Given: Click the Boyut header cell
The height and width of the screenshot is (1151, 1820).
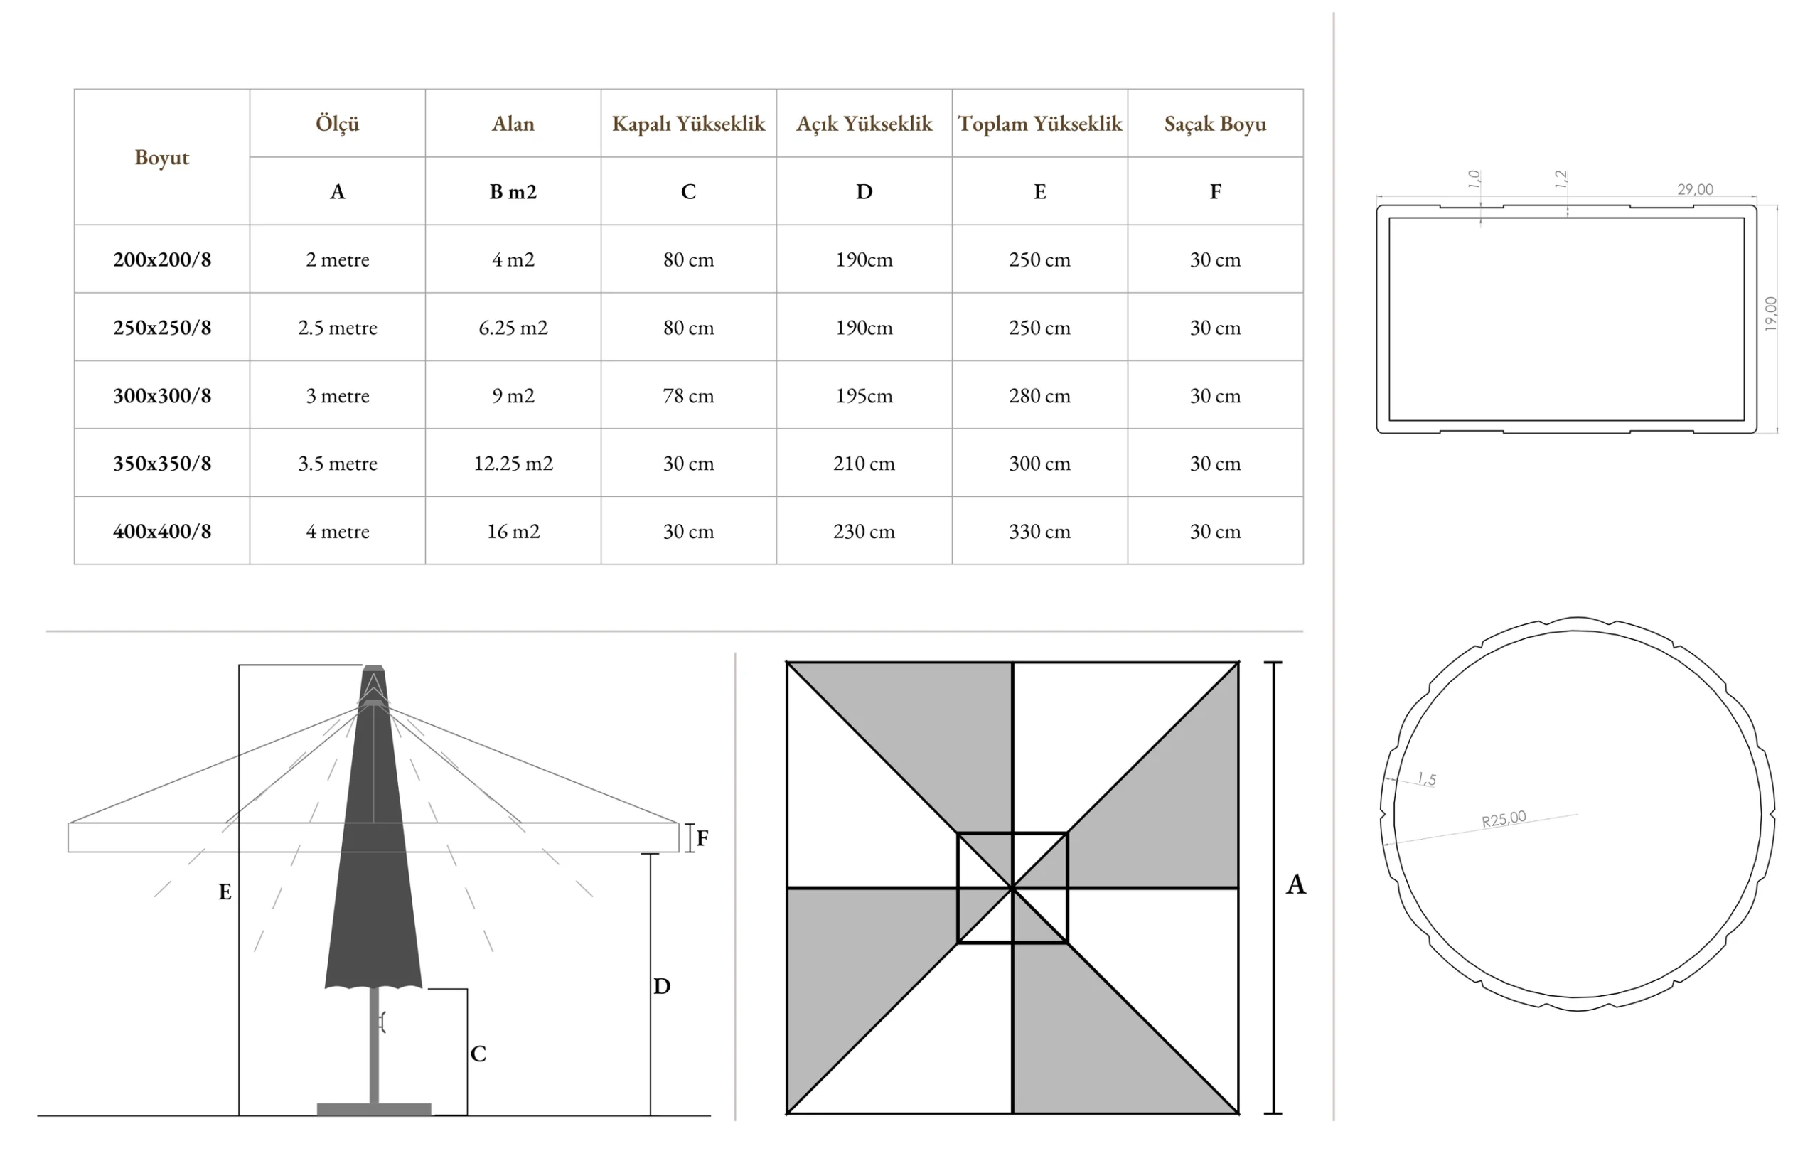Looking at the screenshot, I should click(x=162, y=157).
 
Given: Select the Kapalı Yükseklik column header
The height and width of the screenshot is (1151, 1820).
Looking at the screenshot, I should click(x=687, y=124).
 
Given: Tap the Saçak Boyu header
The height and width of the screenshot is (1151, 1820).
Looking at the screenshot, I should click(x=1214, y=124).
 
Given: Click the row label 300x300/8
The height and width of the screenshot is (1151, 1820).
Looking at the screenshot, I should click(x=162, y=395).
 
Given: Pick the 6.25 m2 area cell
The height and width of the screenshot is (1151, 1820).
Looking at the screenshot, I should click(x=513, y=327).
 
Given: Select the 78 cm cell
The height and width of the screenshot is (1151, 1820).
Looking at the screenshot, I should click(x=687, y=395).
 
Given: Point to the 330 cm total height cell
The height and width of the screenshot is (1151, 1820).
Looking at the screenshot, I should click(x=1039, y=531).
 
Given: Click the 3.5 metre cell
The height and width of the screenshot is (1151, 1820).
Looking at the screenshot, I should click(x=337, y=464).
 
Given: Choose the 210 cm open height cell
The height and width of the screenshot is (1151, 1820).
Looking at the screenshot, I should click(x=863, y=464).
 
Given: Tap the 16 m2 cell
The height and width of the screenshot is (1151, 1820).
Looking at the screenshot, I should click(x=513, y=531).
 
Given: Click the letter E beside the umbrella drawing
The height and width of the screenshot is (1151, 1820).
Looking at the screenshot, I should click(x=225, y=892).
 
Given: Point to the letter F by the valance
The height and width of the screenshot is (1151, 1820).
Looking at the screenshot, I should click(x=702, y=838).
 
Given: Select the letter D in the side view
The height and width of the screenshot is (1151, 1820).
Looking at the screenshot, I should click(x=661, y=986).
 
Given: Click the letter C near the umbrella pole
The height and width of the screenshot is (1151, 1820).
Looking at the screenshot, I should click(x=478, y=1054).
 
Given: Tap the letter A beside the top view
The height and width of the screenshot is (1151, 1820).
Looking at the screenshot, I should click(x=1295, y=884).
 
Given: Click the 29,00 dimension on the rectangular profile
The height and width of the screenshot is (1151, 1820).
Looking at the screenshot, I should click(x=1695, y=189).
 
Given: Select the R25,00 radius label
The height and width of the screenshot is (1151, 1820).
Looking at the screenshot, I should click(x=1504, y=819).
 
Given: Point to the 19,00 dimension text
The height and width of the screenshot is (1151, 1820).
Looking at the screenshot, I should click(x=1770, y=314).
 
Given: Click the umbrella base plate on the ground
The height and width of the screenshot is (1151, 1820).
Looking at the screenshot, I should click(x=373, y=1108).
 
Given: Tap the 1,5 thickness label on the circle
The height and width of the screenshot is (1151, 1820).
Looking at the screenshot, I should click(x=1426, y=778).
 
